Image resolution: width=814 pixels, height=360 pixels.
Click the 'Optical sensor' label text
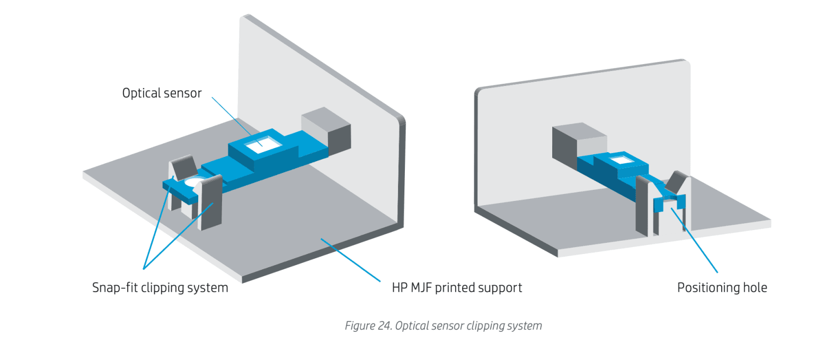pos(162,93)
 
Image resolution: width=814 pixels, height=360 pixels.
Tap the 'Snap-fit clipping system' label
pos(160,288)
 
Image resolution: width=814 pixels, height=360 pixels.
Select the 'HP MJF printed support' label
pos(457,288)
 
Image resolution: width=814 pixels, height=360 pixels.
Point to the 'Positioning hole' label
pos(722,288)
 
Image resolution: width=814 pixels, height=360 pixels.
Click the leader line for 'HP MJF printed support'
pos(350,260)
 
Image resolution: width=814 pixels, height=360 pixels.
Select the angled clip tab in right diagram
pos(674,183)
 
